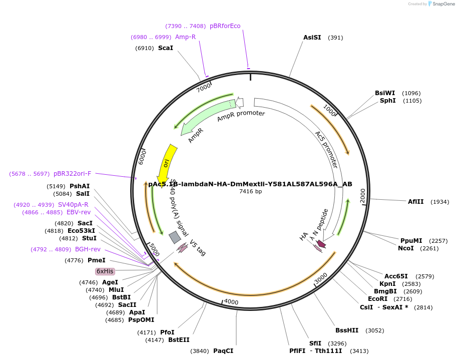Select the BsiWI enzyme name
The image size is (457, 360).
click(x=385, y=93)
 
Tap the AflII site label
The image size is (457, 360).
click(x=415, y=202)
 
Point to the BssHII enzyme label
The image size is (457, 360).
click(x=348, y=330)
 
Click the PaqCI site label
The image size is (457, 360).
click(x=223, y=351)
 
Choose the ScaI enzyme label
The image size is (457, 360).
click(x=165, y=48)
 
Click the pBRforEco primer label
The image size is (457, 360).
click(x=225, y=26)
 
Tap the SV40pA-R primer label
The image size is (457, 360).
click(x=73, y=205)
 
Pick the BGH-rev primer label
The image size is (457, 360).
click(x=88, y=249)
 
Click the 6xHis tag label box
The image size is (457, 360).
click(x=105, y=271)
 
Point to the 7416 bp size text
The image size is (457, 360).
click(x=250, y=191)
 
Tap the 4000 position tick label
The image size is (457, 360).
click(x=230, y=302)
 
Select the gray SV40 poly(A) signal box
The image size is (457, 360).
click(x=175, y=237)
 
